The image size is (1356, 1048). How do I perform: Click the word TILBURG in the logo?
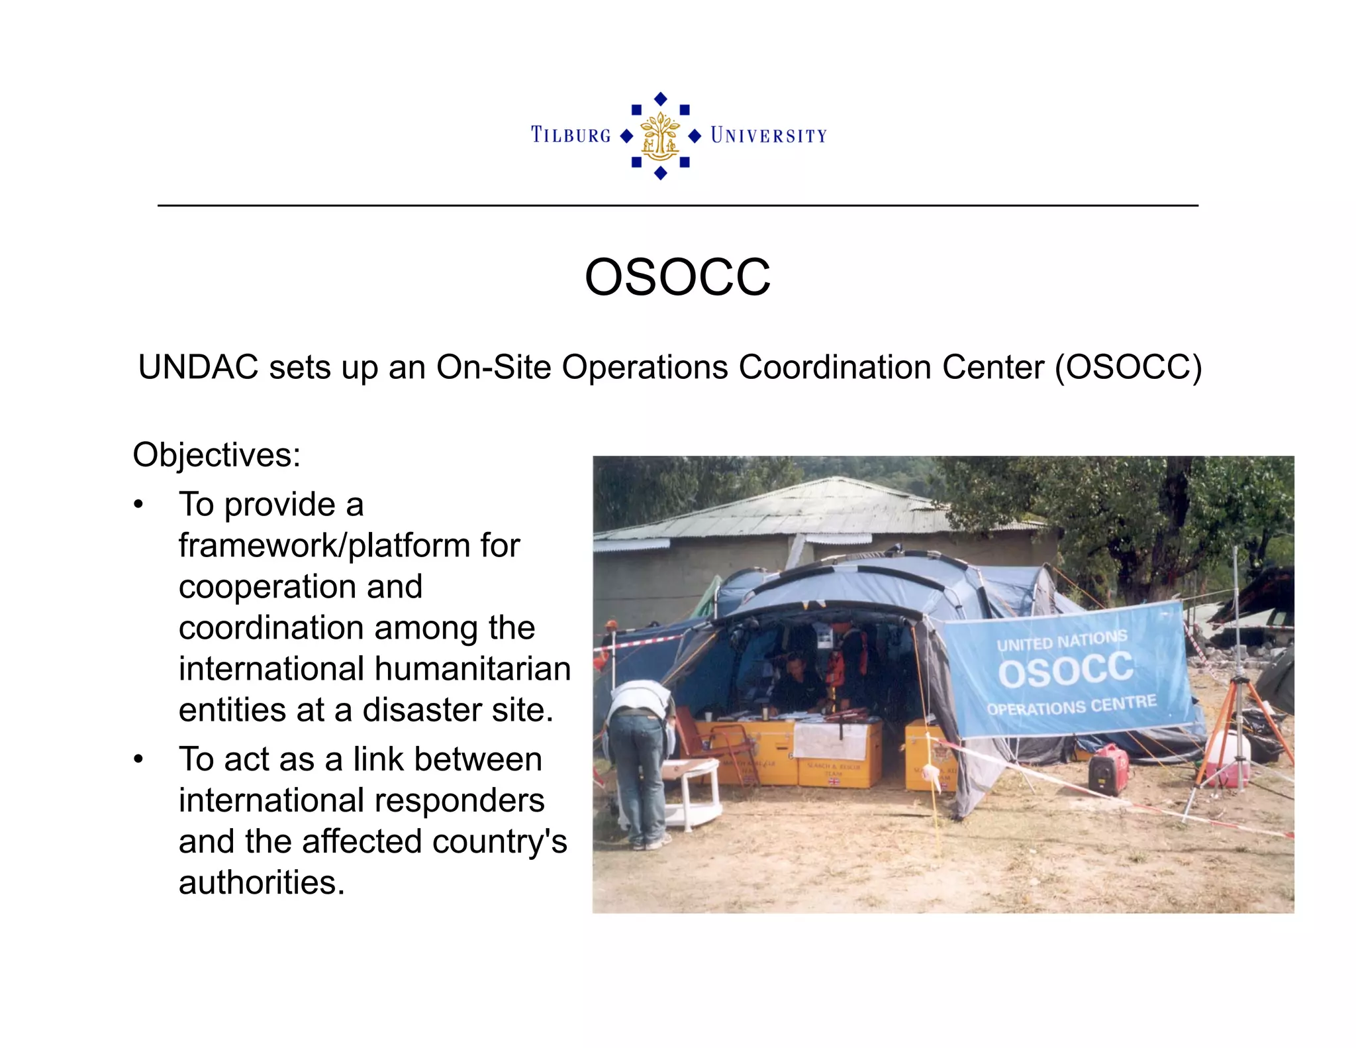pos(571,135)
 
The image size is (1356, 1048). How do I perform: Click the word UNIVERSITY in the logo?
pos(769,136)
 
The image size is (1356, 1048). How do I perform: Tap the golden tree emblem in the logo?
pos(660,136)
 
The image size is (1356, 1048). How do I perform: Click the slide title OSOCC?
pos(677,277)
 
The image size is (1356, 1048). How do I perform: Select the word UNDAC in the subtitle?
pos(198,367)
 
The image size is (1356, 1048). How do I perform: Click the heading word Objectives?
pos(217,455)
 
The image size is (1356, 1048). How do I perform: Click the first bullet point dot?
pos(138,505)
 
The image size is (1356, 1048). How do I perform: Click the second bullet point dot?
pos(138,759)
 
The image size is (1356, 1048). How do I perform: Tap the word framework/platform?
pos(349,546)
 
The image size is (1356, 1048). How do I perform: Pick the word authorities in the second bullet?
pos(262,882)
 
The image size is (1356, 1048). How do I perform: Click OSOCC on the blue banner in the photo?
pos(1065,670)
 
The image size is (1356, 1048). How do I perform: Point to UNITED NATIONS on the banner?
pos(1061,641)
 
